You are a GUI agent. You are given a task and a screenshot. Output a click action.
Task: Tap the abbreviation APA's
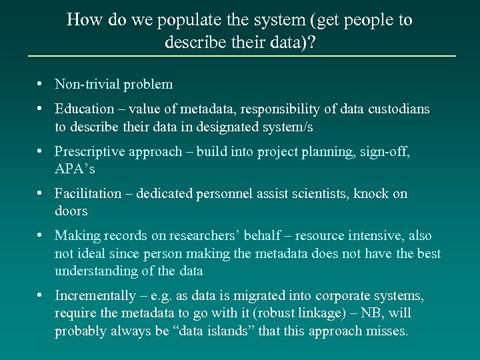pyautogui.click(x=75, y=169)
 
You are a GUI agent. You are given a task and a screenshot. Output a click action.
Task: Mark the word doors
pyautogui.click(x=71, y=211)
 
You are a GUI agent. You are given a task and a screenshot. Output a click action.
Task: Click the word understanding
pyautogui.click(x=97, y=271)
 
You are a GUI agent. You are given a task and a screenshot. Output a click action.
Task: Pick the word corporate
pyautogui.click(x=340, y=295)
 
